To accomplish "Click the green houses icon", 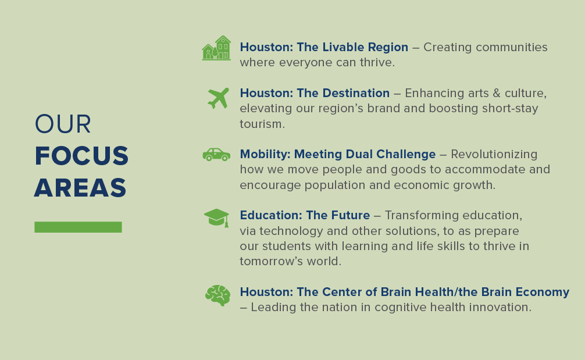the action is coord(216,48).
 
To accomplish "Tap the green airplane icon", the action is coord(218,98).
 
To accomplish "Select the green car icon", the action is coord(216,155).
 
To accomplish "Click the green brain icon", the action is coord(217,295).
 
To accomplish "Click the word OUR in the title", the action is coord(63,124).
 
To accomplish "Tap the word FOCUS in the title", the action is coord(82,156).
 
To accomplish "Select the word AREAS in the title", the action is coord(80,188).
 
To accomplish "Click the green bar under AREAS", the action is coord(78,227).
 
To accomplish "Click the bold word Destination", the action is coord(356,93).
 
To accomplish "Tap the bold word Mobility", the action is coord(265,154).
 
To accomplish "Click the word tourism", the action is coord(262,124).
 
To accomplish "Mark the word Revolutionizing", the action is coord(494,154).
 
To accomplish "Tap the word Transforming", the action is coord(415,215).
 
